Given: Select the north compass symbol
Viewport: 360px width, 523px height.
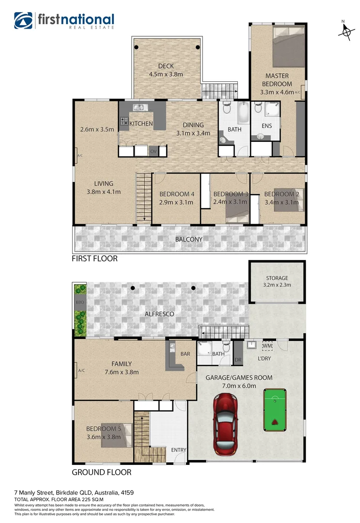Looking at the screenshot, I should coord(345,30).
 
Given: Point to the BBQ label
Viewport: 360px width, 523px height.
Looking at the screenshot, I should coord(79,302).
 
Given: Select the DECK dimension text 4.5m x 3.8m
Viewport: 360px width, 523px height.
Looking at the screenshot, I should coord(166,75).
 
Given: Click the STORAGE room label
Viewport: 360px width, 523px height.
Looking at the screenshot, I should coord(277,278).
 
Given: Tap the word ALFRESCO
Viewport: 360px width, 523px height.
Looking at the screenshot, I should coord(159,314).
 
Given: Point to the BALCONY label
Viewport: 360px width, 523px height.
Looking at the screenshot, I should coord(189,239).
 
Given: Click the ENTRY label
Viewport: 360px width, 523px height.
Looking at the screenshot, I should coord(179,450).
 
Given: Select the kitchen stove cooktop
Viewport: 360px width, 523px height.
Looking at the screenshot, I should coord(124,122).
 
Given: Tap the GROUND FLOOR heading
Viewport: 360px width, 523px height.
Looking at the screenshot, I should coord(101,472).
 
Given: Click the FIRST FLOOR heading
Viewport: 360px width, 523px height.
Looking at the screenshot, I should coord(94,259).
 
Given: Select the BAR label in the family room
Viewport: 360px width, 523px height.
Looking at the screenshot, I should coord(185,354).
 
